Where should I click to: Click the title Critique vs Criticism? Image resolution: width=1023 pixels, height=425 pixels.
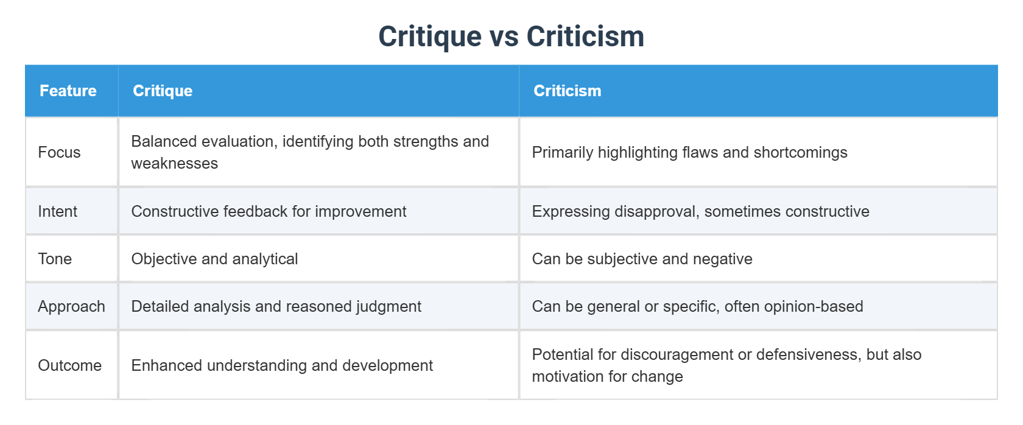(x=511, y=37)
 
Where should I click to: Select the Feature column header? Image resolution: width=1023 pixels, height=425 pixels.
(x=68, y=91)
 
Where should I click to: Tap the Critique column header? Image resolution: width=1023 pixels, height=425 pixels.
(x=163, y=91)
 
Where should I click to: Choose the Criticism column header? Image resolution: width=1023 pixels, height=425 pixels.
(x=567, y=91)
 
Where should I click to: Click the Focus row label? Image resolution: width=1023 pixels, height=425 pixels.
(x=59, y=152)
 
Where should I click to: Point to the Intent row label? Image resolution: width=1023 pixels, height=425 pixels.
(x=58, y=211)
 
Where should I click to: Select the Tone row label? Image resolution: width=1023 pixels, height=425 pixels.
(x=55, y=259)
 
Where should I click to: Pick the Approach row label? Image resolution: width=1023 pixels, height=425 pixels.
(x=71, y=306)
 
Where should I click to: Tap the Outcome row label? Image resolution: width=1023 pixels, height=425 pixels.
(x=69, y=365)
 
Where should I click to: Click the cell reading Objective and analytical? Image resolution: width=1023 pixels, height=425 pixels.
(x=214, y=259)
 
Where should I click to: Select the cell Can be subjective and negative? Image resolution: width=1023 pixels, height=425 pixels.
(x=642, y=259)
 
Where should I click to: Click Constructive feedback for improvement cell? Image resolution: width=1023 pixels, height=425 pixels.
(x=269, y=211)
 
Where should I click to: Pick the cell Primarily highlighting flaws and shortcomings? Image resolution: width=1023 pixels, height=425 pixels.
(x=689, y=152)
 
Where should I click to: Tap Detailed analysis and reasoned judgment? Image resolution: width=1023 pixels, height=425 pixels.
(x=276, y=306)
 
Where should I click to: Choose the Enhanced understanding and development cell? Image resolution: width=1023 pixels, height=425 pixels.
(x=282, y=365)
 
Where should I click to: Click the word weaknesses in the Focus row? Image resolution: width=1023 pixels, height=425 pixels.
(x=174, y=163)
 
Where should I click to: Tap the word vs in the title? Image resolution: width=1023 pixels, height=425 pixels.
(x=504, y=37)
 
